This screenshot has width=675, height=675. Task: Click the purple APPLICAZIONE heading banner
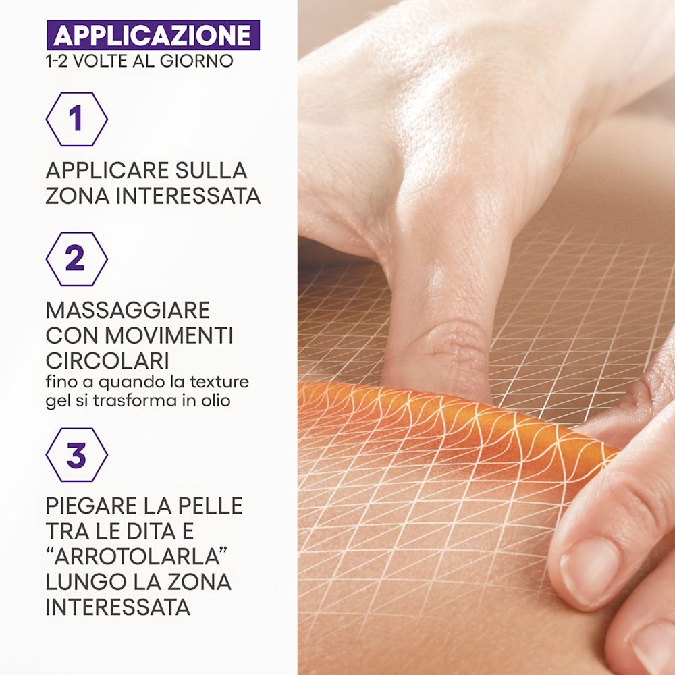coord(153,35)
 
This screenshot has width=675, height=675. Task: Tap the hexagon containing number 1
coord(76,119)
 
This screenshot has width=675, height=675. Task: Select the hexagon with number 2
coord(76,259)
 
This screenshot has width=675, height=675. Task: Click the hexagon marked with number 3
coord(76,455)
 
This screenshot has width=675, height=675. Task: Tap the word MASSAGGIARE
coord(128,310)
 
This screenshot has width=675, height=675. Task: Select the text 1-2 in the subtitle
coord(59,61)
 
